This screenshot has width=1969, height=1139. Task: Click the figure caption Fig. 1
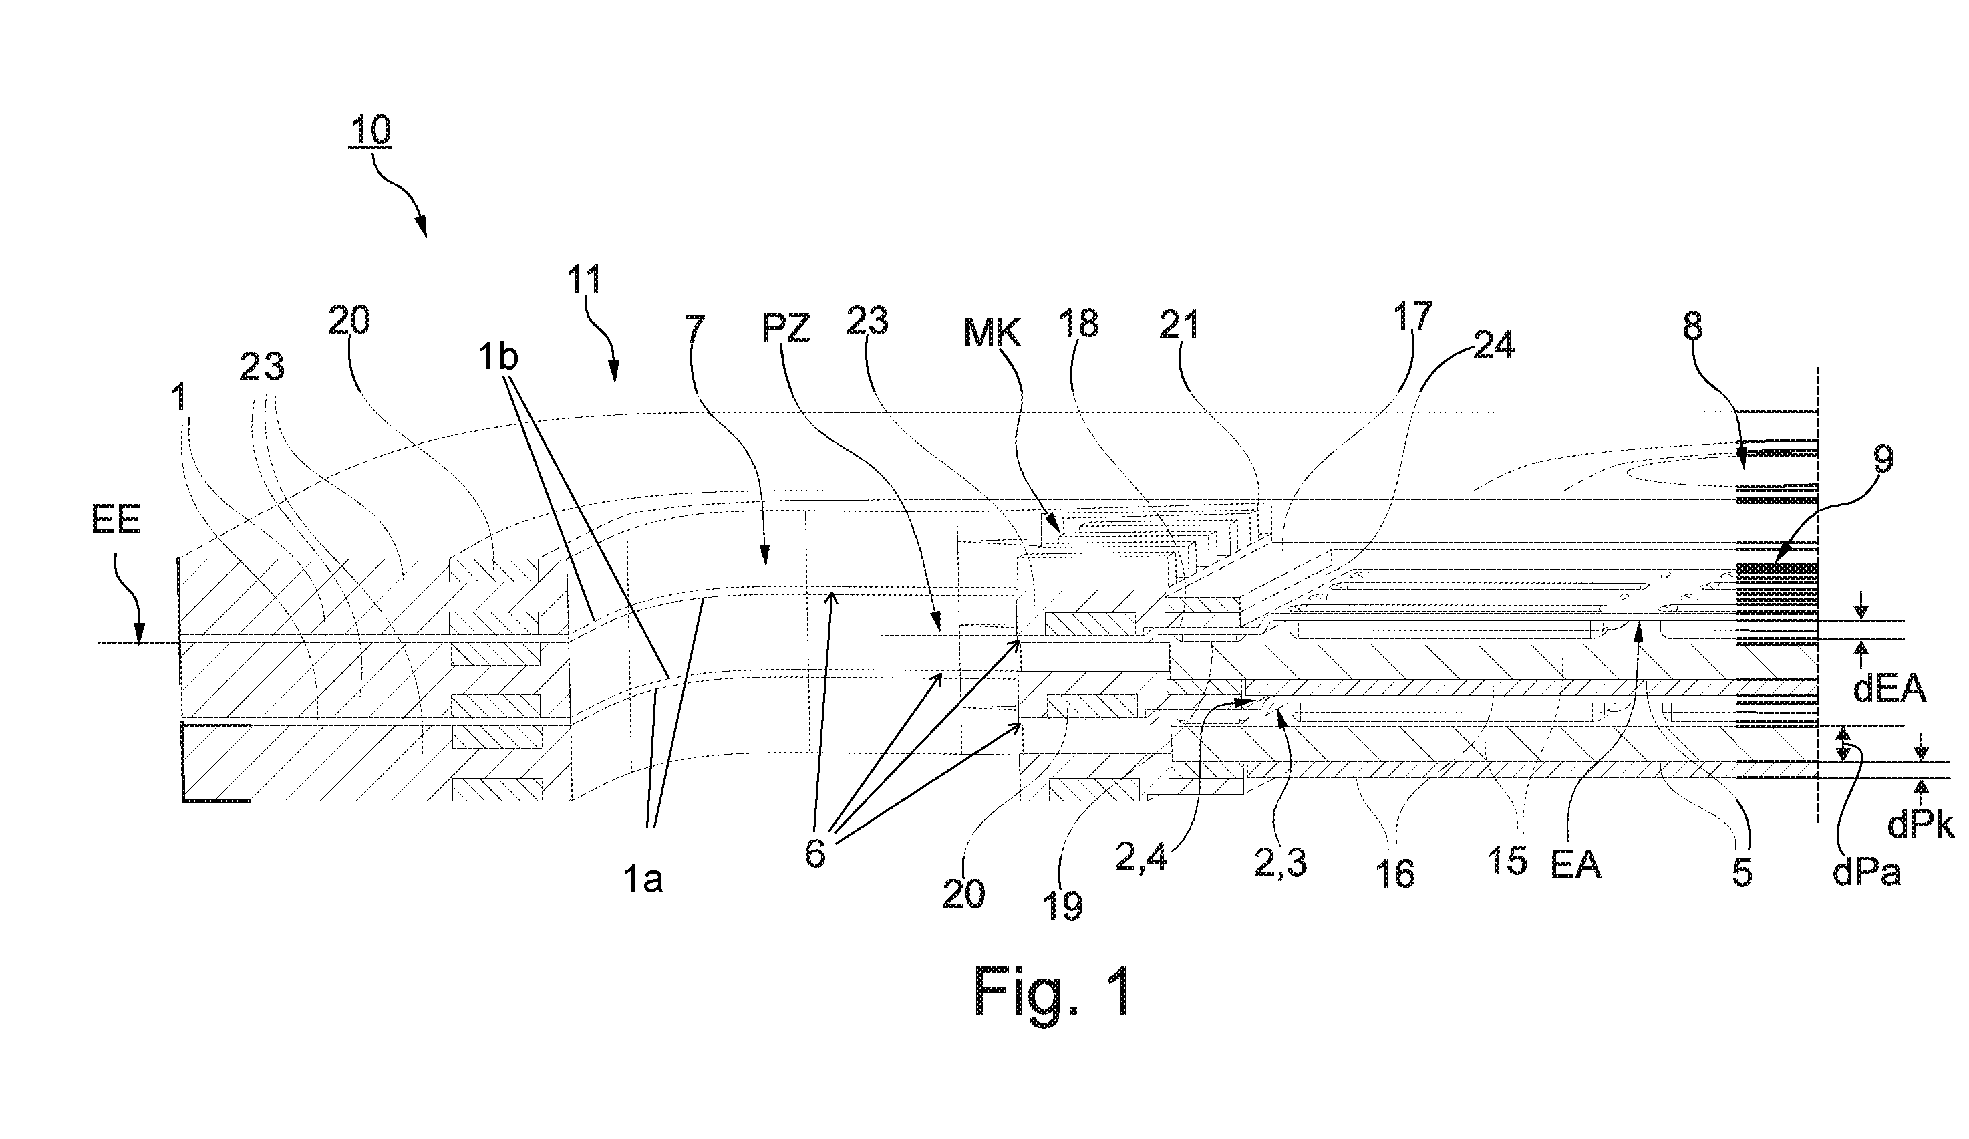click(1052, 990)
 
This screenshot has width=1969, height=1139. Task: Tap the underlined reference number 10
click(370, 130)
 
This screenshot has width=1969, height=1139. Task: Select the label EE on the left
click(116, 520)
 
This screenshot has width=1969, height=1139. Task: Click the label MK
click(992, 334)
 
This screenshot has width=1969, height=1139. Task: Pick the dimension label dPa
click(1867, 872)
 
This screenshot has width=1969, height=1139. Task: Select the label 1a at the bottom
click(641, 880)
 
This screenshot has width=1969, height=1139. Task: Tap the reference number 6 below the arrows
click(815, 854)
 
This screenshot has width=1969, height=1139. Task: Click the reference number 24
click(1493, 344)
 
